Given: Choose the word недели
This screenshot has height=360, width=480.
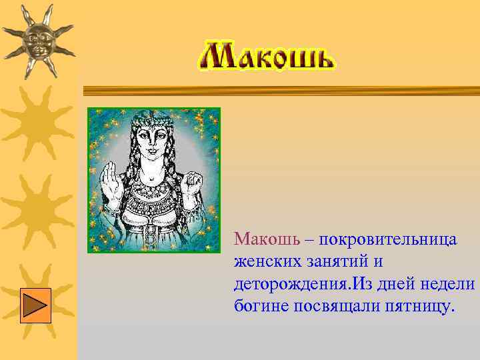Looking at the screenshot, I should [x=447, y=284].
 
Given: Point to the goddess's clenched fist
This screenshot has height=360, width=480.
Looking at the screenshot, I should [x=194, y=181].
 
